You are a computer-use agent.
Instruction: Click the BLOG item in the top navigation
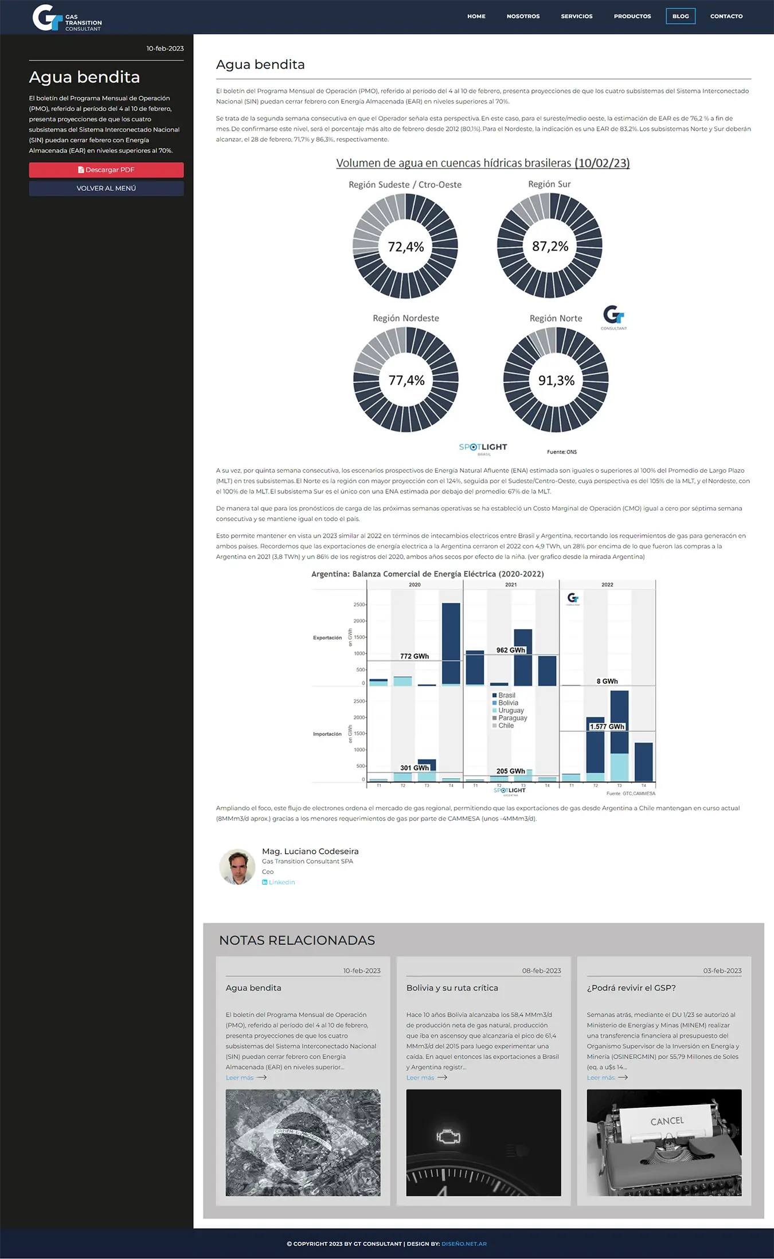(x=681, y=16)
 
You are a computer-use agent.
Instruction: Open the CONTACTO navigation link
(x=726, y=16)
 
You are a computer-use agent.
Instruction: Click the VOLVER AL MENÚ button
(x=106, y=188)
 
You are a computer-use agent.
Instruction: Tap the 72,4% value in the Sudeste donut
(x=405, y=247)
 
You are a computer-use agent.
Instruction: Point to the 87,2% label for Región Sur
(x=550, y=246)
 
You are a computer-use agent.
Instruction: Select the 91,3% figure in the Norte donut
(x=556, y=381)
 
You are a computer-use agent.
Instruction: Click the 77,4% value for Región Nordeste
(x=406, y=381)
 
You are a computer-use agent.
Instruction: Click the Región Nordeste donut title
(x=405, y=318)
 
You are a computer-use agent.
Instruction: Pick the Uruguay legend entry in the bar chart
(x=510, y=711)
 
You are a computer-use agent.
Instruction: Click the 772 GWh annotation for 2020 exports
(x=414, y=656)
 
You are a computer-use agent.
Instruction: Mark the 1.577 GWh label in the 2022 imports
(x=607, y=727)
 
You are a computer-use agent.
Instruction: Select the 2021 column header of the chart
(x=511, y=585)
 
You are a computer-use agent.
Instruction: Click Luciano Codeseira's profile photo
(x=237, y=866)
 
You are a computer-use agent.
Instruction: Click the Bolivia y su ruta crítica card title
(x=452, y=988)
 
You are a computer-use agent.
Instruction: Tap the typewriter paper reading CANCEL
(x=667, y=1121)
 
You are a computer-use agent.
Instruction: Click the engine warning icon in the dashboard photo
(x=448, y=1136)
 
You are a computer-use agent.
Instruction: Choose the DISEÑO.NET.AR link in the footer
(x=464, y=1244)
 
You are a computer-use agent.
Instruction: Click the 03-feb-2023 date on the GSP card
(x=722, y=971)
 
